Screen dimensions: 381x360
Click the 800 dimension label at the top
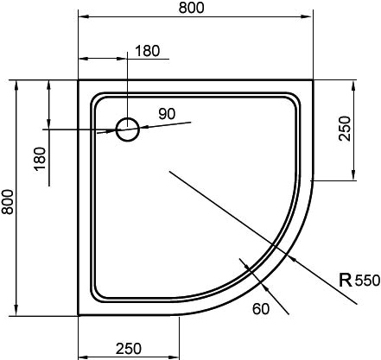(191, 8)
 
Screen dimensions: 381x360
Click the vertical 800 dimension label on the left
(8, 202)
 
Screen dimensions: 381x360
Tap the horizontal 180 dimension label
(147, 51)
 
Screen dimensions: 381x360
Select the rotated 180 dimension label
(40, 159)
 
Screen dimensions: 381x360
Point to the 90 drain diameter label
(167, 114)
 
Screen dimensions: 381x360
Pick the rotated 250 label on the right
(345, 129)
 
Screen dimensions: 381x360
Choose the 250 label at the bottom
(129, 349)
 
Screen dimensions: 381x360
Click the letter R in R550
(346, 280)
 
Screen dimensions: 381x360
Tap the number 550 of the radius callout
(367, 281)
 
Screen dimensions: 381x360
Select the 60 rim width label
(261, 309)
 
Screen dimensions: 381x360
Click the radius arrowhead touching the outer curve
(293, 259)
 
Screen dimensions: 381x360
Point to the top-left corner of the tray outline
(79, 80)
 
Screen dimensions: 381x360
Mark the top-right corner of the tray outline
(313, 80)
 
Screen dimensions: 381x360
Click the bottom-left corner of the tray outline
(79, 315)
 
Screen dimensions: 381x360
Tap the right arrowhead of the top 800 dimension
(308, 17)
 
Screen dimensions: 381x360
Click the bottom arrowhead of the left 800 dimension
(16, 311)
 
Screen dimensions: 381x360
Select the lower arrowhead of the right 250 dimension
(353, 175)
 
